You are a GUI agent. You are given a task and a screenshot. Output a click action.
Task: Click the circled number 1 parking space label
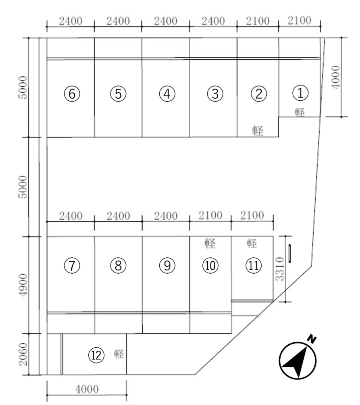click(300, 93)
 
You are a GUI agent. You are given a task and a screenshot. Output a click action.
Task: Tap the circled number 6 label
click(72, 94)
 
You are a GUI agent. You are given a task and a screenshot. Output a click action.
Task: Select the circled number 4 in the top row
click(167, 94)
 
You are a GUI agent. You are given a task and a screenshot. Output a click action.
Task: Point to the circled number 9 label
click(167, 266)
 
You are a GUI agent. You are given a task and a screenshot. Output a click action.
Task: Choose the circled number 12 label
click(96, 355)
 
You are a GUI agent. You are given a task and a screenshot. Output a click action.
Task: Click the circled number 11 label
click(254, 266)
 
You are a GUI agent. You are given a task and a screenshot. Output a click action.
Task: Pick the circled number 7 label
click(72, 266)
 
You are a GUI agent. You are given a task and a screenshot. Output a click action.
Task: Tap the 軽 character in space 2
click(258, 131)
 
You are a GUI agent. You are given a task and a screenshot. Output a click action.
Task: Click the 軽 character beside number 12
click(119, 354)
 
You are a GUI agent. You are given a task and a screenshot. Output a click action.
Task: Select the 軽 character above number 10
click(210, 243)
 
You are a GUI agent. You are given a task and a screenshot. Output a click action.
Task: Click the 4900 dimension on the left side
click(23, 285)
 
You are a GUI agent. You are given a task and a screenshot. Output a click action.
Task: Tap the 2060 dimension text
click(23, 354)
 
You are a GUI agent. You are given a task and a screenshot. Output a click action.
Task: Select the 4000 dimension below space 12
click(87, 389)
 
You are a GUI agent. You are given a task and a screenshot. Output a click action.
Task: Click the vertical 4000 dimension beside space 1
click(336, 77)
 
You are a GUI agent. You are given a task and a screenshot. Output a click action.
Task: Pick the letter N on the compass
click(312, 339)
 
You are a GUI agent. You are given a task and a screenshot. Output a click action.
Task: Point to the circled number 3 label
click(215, 94)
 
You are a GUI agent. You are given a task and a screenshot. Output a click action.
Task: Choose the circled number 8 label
click(118, 266)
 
